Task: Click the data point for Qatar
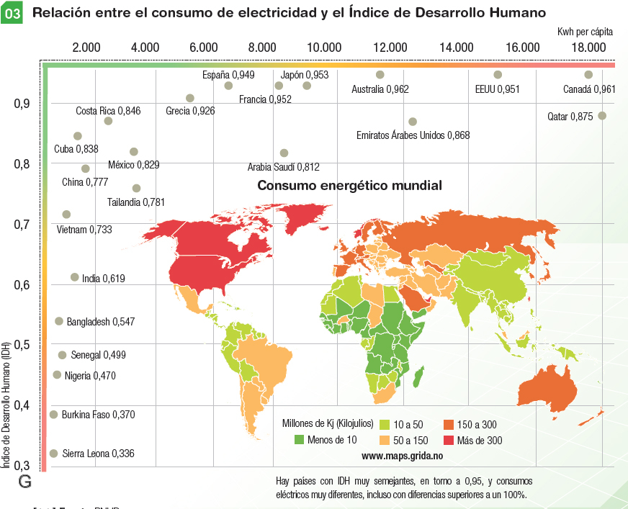click(x=602, y=116)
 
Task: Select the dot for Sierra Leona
click(x=53, y=454)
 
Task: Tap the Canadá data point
click(x=588, y=75)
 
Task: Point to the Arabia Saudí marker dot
click(x=284, y=153)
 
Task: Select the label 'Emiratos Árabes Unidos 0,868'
click(x=413, y=135)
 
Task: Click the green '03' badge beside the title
click(x=12, y=13)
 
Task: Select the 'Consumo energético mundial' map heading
click(x=349, y=185)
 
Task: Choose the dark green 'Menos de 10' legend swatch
click(x=298, y=440)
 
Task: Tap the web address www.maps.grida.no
click(x=402, y=456)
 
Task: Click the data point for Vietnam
click(x=66, y=215)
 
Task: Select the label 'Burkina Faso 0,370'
click(x=98, y=415)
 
